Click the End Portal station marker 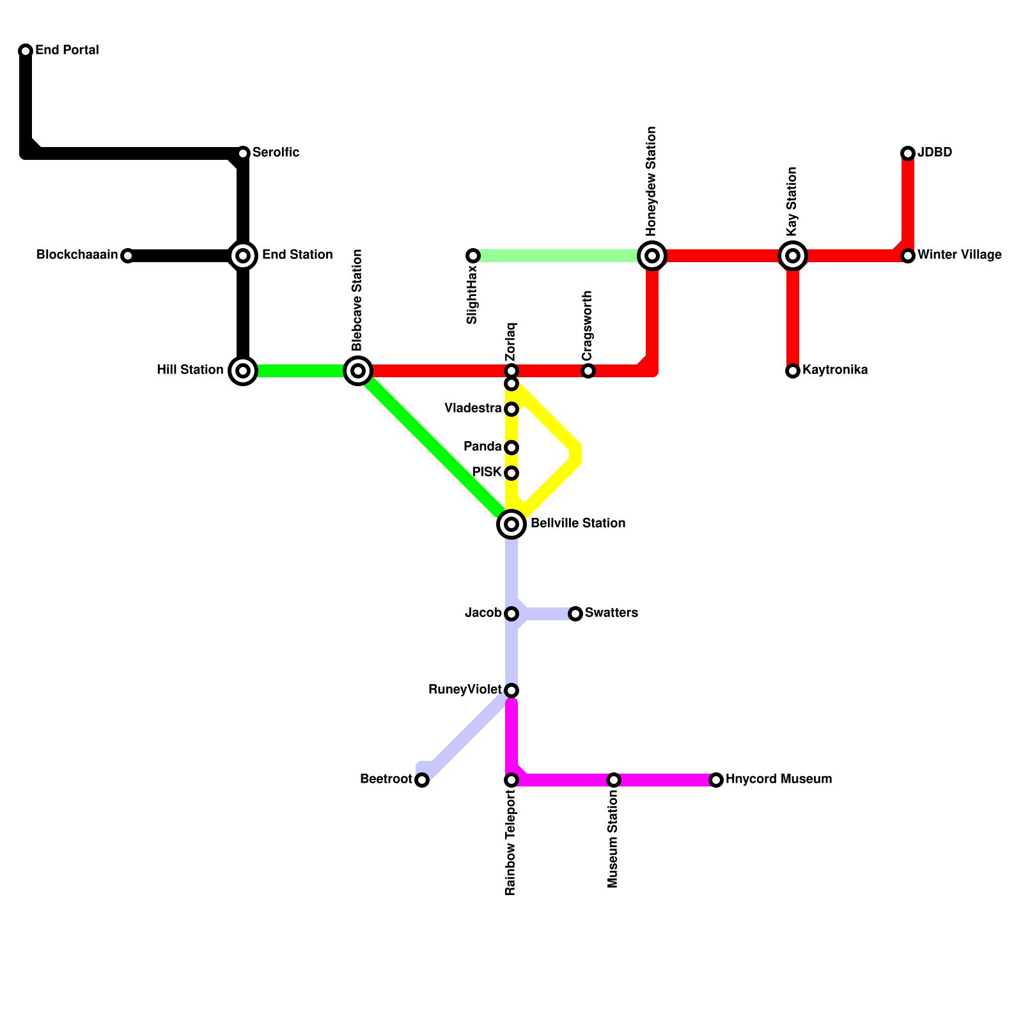coord(26,51)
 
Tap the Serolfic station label coord(276,153)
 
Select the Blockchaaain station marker coord(128,256)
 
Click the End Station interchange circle coord(243,256)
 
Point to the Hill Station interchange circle coord(243,371)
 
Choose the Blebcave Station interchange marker coord(358,371)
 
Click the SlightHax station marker coord(473,256)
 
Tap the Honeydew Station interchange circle coord(652,256)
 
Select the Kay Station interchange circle coord(793,256)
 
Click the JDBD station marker coord(908,153)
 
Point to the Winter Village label coord(959,255)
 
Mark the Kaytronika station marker coord(793,371)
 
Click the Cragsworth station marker coord(588,371)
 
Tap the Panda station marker coord(511,448)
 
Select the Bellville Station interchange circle coord(511,524)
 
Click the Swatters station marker coord(575,614)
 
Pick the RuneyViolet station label coord(465,690)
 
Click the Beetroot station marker coord(422,780)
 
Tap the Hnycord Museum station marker coord(716,780)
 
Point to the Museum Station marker coord(614,780)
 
